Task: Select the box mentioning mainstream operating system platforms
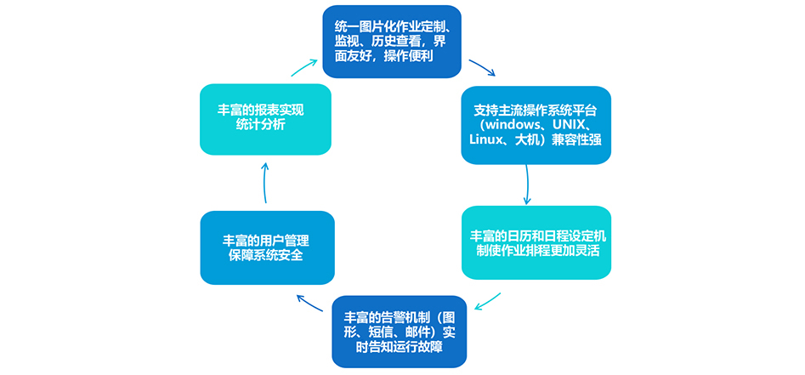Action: click(536, 124)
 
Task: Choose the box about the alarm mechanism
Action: click(399, 332)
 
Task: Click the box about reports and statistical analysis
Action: click(265, 118)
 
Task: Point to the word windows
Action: click(510, 124)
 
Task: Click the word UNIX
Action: click(571, 124)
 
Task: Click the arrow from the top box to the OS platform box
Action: click(482, 67)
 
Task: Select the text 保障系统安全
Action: click(266, 255)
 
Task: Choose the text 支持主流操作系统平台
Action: click(536, 109)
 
